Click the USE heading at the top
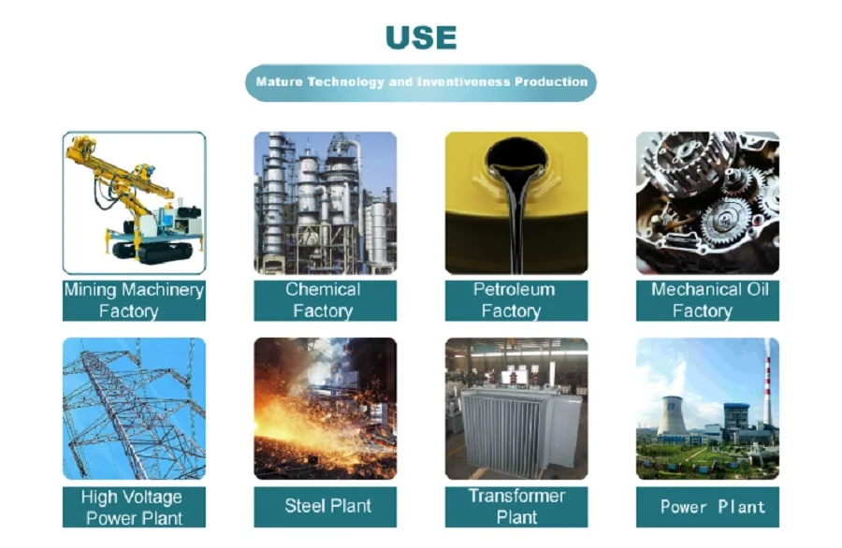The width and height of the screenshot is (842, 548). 420,38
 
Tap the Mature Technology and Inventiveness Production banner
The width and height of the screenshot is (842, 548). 420,82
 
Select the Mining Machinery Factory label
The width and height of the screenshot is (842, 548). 134,300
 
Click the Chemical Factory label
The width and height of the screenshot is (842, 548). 325,300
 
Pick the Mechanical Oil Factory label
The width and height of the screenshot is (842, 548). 707,300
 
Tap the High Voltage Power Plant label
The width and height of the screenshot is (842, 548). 134,507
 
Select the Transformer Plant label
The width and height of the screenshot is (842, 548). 515,506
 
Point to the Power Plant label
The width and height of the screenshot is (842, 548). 707,507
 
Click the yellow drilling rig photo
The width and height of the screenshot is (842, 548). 134,202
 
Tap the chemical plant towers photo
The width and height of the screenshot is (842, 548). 325,202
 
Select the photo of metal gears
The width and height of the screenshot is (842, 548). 707,202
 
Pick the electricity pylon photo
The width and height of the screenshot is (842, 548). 134,409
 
